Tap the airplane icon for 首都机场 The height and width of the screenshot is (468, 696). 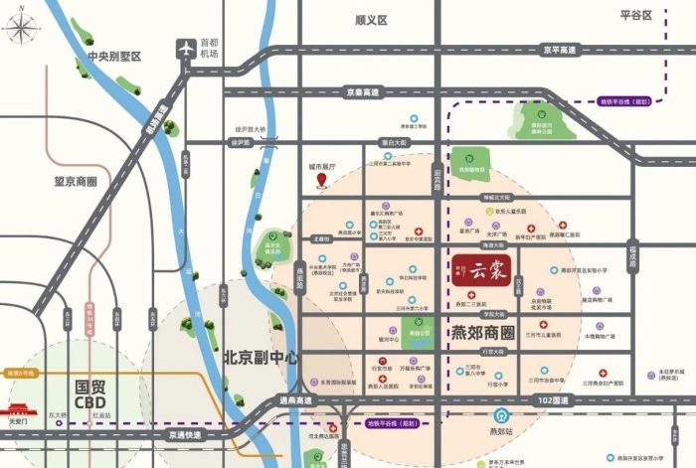(184, 47)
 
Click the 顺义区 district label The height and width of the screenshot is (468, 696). (370, 20)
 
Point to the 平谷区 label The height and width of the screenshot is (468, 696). (634, 15)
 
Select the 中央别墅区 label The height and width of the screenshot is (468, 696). (115, 56)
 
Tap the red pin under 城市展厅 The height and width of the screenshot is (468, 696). (323, 181)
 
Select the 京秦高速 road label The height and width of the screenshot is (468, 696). (363, 92)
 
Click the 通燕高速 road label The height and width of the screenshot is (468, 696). (294, 400)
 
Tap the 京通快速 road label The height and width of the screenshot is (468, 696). (184, 435)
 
